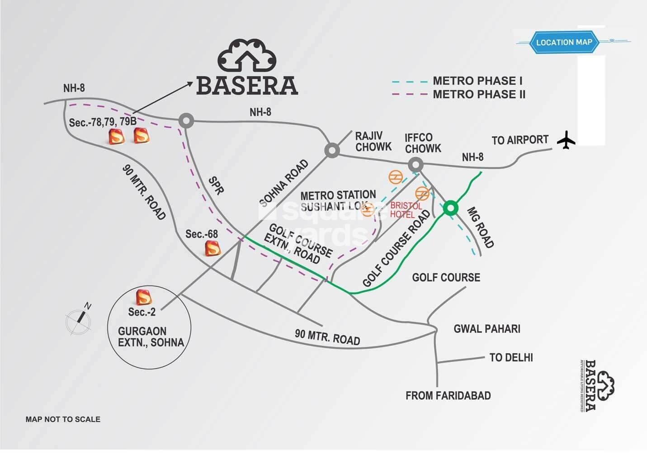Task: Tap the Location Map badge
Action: point(564,43)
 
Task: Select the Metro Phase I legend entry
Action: point(457,81)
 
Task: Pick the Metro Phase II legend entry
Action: point(457,95)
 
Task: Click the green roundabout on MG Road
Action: point(450,209)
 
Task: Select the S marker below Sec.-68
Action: point(213,248)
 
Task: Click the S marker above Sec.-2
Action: point(143,297)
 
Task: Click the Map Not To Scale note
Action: point(63,419)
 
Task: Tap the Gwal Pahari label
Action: point(486,328)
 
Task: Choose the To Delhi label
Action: point(511,357)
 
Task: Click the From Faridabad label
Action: point(448,396)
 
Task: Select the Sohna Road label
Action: point(284,183)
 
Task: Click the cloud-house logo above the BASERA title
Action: point(247,55)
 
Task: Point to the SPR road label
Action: point(216,185)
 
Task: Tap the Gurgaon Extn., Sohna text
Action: point(151,337)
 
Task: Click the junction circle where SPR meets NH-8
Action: point(186,120)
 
